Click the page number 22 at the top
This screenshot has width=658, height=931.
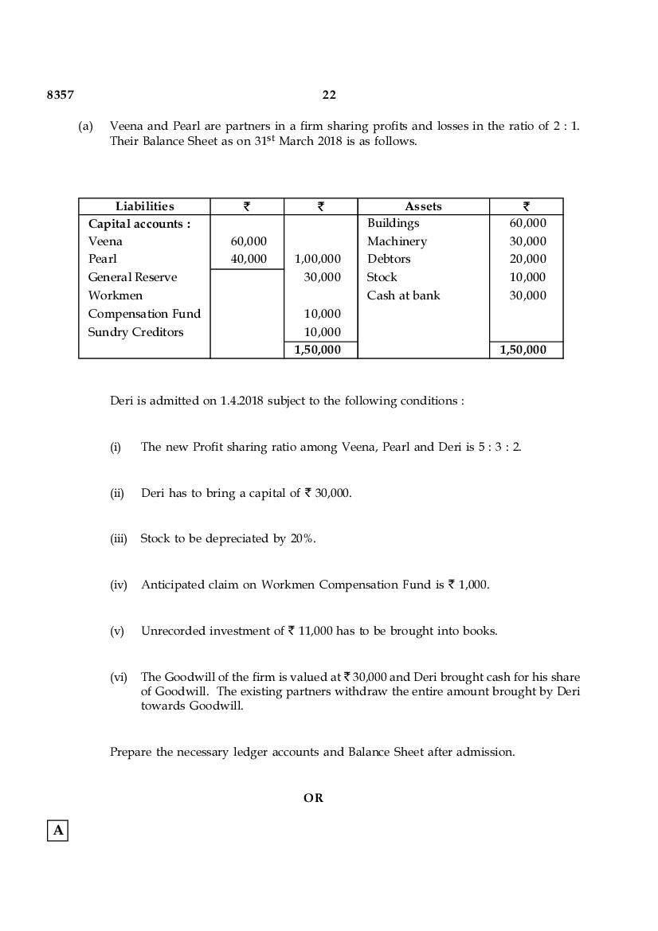pos(329,95)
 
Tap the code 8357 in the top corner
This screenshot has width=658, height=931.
pos(61,95)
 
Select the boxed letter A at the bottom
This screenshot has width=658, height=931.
pos(58,831)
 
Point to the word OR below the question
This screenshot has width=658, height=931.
pos(313,797)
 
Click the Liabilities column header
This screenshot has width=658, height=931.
pos(144,206)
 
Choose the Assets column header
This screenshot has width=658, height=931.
pos(423,206)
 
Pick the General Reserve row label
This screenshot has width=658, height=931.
pos(132,277)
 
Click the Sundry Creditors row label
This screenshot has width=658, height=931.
pos(135,332)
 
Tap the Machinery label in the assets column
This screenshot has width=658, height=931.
pos(397,241)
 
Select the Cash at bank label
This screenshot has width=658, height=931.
pos(403,295)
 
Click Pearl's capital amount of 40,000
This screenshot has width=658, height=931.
pos(249,259)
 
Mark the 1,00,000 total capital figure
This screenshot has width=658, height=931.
pos(318,259)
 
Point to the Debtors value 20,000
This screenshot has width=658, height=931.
pos(528,259)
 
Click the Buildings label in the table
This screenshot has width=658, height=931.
pos(393,224)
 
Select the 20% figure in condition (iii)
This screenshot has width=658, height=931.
pos(302,538)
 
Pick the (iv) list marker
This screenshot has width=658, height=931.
pos(119,585)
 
